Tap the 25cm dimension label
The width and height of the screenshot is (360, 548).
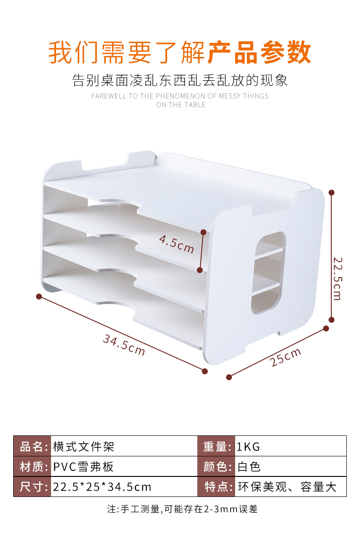[286, 357]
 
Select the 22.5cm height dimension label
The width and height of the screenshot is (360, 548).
[337, 278]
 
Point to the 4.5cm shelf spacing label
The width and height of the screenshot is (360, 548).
[176, 244]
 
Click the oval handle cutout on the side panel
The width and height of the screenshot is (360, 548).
[268, 273]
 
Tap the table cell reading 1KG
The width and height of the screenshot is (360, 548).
[248, 446]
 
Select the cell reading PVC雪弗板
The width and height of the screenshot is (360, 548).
[83, 466]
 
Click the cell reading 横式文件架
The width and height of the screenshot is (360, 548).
[83, 446]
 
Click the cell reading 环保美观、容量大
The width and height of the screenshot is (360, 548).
[287, 486]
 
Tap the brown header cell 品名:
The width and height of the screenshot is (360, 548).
[32, 446]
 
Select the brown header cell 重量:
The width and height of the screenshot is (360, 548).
[216, 446]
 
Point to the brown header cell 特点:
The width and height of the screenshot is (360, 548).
[216, 486]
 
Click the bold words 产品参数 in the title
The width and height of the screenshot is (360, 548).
[259, 52]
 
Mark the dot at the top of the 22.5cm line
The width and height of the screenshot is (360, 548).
[332, 192]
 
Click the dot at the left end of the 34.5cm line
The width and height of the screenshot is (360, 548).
[39, 296]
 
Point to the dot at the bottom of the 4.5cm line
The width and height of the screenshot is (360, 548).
[200, 270]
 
